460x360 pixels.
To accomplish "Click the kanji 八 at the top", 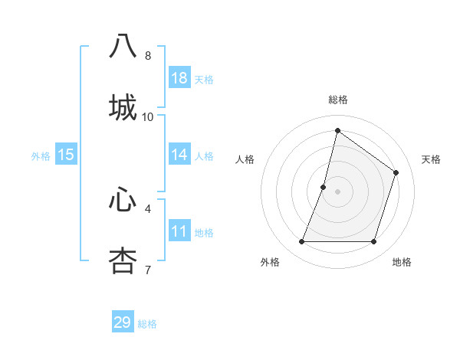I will click(123, 46).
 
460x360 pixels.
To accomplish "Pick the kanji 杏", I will click(123, 260).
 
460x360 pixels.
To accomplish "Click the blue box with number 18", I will click(179, 78).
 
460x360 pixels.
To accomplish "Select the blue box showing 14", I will click(179, 155).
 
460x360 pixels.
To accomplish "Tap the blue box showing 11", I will click(179, 231).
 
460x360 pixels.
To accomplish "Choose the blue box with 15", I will click(66, 155).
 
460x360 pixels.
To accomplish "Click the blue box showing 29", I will click(123, 322).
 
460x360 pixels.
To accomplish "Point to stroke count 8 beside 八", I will click(148, 55).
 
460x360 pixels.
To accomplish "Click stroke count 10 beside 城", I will click(148, 116).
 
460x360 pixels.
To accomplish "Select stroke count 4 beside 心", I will click(148, 208).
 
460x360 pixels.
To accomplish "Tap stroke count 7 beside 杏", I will click(148, 269).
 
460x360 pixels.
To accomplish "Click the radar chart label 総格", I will click(338, 100).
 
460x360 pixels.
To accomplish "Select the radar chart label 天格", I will click(431, 159).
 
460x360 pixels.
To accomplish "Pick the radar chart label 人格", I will click(245, 159).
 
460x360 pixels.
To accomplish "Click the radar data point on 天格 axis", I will click(396, 172).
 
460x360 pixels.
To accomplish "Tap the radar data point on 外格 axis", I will click(302, 242).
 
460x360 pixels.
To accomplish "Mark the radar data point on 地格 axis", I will click(374, 242).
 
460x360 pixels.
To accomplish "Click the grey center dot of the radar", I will click(338, 191).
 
